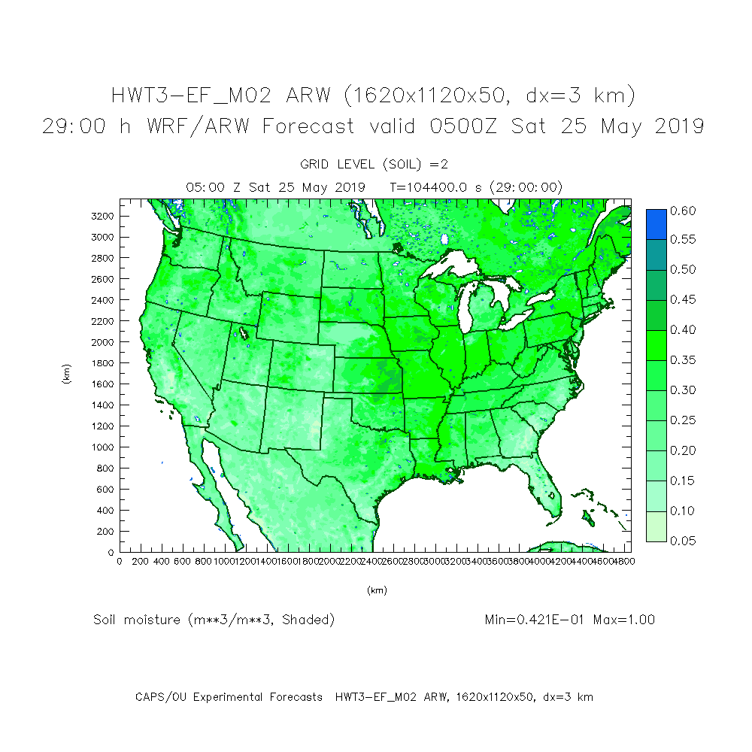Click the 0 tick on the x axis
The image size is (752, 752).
(x=120, y=561)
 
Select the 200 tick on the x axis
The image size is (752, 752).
(x=140, y=561)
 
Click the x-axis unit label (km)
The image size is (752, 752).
(x=376, y=591)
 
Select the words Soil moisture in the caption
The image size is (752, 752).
(x=137, y=620)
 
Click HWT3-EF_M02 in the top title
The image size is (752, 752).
(x=193, y=96)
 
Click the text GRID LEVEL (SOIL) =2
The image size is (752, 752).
(x=374, y=164)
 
